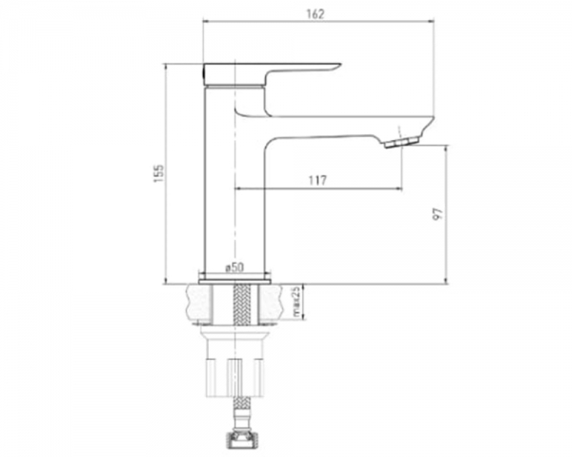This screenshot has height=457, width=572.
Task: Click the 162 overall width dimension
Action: pos(316,14)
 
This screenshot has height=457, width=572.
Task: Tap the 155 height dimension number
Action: pos(158,174)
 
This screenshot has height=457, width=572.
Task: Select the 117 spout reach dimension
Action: pos(317,180)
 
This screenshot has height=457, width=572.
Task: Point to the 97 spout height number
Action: pos(438,214)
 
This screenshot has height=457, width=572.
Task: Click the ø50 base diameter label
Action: pos(235,268)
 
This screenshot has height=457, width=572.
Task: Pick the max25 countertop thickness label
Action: pos(296,302)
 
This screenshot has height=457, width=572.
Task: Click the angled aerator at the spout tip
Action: pos(401,142)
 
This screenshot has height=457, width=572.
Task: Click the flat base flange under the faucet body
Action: pos(235,282)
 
